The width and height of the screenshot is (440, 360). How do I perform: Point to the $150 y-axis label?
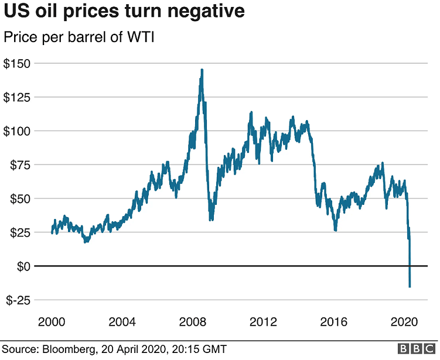click(18, 63)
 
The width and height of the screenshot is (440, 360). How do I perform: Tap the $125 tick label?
click(18, 97)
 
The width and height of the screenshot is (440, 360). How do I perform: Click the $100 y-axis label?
click(18, 131)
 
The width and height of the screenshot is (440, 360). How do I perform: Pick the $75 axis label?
click(21, 164)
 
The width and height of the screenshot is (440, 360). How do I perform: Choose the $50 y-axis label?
click(21, 198)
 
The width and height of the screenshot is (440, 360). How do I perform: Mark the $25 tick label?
click(21, 232)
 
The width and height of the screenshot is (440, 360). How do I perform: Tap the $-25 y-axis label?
click(19, 300)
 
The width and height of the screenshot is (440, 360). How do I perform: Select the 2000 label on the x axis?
click(52, 322)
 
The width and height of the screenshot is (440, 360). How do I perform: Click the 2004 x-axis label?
click(122, 322)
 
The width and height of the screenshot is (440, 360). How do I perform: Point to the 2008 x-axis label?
click(193, 322)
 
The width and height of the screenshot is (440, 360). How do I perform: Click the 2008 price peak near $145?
click(202, 70)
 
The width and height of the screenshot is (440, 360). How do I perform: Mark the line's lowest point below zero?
click(410, 287)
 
